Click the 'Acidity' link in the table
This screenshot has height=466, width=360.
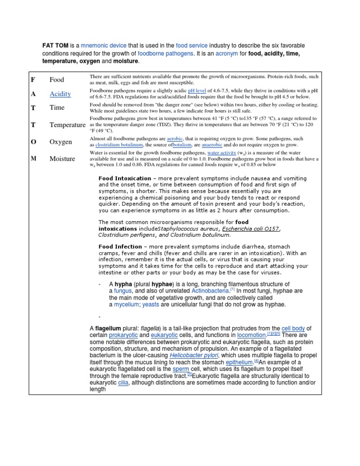(x=60, y=94)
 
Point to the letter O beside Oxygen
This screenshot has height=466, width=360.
(x=34, y=142)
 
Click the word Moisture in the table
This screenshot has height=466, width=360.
(x=62, y=159)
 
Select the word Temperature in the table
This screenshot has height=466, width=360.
(x=67, y=125)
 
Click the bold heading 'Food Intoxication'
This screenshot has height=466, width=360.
(x=125, y=179)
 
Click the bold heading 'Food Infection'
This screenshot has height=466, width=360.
(x=120, y=247)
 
